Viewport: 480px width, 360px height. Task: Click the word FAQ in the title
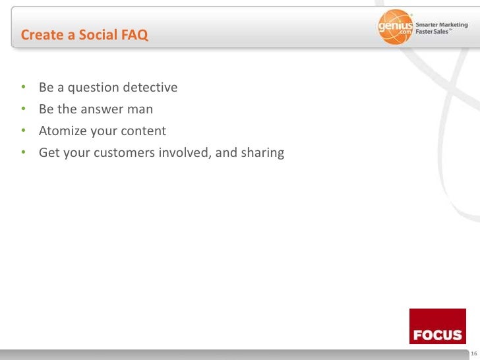(x=135, y=36)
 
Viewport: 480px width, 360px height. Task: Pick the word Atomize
(x=63, y=131)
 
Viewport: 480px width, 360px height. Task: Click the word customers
(x=125, y=153)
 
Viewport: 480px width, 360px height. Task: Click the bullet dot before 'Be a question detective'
(x=23, y=88)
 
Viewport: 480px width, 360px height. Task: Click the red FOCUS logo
(x=437, y=326)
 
